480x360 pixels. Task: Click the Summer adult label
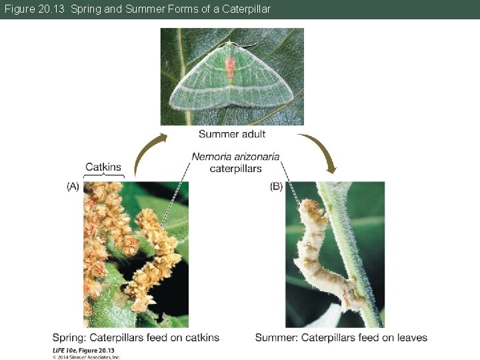(x=232, y=134)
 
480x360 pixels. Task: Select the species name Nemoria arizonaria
(x=235, y=157)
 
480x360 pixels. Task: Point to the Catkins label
(x=103, y=167)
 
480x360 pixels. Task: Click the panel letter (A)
(x=73, y=187)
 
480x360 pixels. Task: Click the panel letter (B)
(x=277, y=187)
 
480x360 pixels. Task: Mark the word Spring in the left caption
(x=69, y=338)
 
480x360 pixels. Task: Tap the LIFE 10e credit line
(x=83, y=349)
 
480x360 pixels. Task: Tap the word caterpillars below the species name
(x=235, y=169)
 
